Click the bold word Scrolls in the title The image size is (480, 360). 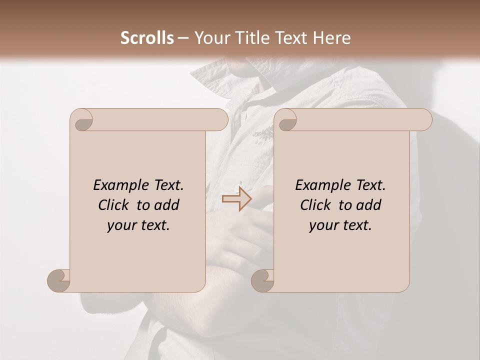(147, 38)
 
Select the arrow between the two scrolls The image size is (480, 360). (236, 198)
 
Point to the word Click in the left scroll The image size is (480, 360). (114, 205)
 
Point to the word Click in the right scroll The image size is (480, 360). (316, 205)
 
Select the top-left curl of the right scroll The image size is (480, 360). (286, 120)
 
